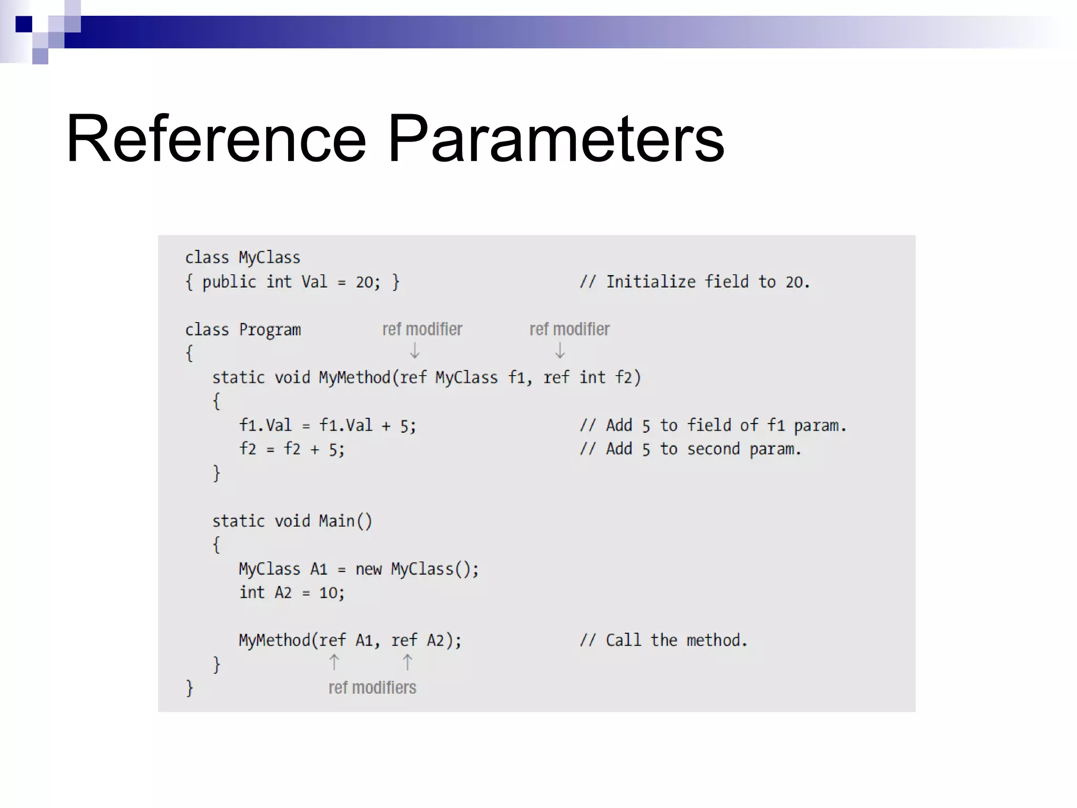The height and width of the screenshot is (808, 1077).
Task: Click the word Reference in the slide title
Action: click(216, 139)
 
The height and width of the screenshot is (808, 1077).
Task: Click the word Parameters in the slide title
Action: click(555, 139)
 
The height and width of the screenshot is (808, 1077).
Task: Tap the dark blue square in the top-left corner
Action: click(24, 24)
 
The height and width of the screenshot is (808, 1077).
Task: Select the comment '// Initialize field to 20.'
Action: click(695, 282)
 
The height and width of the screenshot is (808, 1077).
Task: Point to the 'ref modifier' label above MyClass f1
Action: click(422, 329)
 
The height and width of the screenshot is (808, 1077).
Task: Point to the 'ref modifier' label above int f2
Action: click(570, 329)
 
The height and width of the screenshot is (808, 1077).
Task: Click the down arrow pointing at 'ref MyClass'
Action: click(414, 350)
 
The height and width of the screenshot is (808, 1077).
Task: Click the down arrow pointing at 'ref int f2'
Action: click(560, 350)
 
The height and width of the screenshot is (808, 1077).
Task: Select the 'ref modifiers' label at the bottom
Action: click(372, 688)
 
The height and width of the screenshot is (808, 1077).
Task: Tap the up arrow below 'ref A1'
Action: click(334, 662)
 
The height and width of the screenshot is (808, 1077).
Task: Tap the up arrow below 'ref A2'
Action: click(408, 662)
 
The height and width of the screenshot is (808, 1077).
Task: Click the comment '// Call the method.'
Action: click(664, 640)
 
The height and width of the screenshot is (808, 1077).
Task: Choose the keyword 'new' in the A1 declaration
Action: click(368, 569)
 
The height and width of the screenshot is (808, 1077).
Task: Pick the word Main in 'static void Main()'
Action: click(337, 521)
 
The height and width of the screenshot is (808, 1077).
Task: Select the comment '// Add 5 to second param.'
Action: click(690, 449)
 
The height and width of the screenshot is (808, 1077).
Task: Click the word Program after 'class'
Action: click(270, 330)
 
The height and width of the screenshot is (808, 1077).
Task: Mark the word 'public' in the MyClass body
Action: click(229, 282)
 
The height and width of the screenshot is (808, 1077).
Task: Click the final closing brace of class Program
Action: click(189, 688)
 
